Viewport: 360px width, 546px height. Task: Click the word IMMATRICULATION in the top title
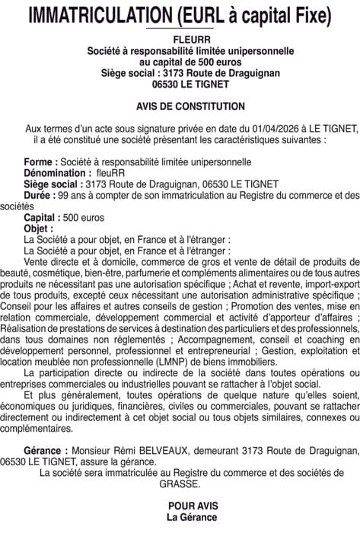tap(96, 16)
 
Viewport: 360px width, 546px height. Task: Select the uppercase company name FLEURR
tap(180, 39)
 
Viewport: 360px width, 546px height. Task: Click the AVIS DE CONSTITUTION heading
tap(180, 107)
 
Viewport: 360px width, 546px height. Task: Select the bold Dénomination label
tap(58, 173)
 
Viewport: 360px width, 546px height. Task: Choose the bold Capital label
tap(44, 217)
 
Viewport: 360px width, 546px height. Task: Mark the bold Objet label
tap(39, 228)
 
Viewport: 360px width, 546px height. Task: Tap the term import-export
tap(327, 283)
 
